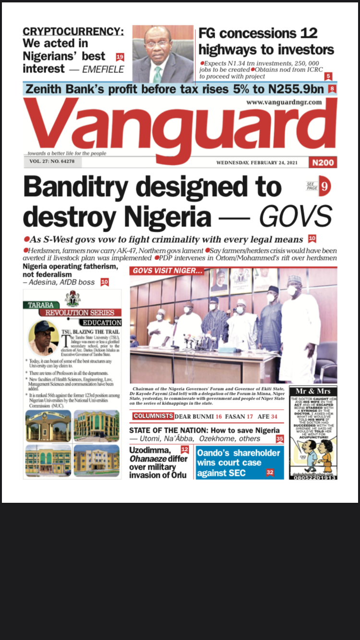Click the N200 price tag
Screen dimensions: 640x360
(x=323, y=163)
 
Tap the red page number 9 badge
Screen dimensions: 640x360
(x=325, y=187)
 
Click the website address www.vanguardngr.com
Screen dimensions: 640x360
(x=284, y=102)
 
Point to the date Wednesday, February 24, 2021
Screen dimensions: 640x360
(x=257, y=163)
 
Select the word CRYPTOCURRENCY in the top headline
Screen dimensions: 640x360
(x=73, y=32)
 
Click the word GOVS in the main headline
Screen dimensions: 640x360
(x=295, y=216)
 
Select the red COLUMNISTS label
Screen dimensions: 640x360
(x=153, y=416)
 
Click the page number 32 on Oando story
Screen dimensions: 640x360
(x=270, y=473)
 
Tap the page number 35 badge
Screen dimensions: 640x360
(x=280, y=439)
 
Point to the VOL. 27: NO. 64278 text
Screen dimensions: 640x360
(x=52, y=162)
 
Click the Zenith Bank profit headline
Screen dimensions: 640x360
(x=175, y=89)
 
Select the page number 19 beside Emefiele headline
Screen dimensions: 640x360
(x=120, y=57)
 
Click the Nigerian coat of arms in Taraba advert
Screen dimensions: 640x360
(x=73, y=298)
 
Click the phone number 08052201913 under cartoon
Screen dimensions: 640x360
(x=313, y=477)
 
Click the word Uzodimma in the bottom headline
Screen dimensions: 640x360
(x=150, y=450)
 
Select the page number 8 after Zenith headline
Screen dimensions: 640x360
(x=332, y=89)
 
